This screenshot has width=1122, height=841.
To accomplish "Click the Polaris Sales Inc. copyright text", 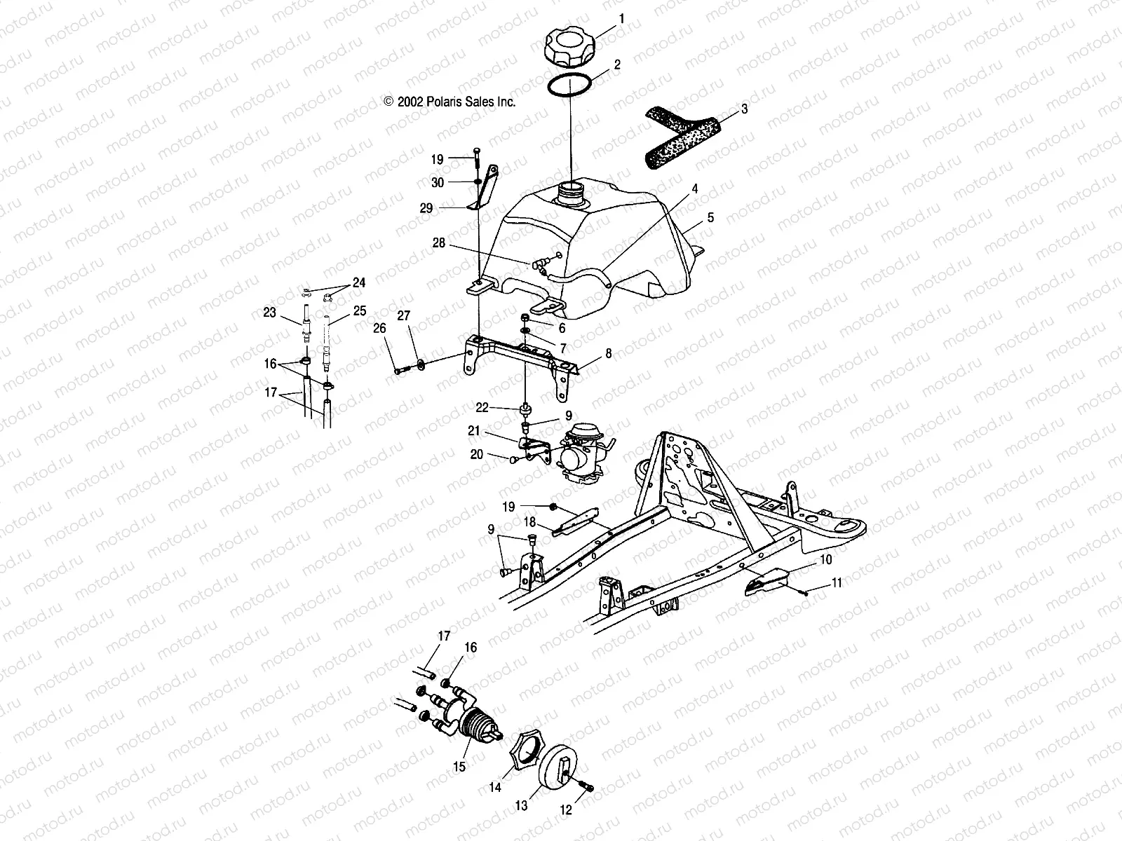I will pyautogui.click(x=450, y=102).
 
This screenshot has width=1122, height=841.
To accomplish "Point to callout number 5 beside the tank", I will pyautogui.click(x=710, y=218).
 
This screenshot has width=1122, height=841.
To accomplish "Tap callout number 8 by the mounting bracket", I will pyautogui.click(x=608, y=354).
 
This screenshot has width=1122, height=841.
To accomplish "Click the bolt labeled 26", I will pyautogui.click(x=399, y=370).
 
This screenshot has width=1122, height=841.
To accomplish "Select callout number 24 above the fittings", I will pyautogui.click(x=359, y=283).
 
